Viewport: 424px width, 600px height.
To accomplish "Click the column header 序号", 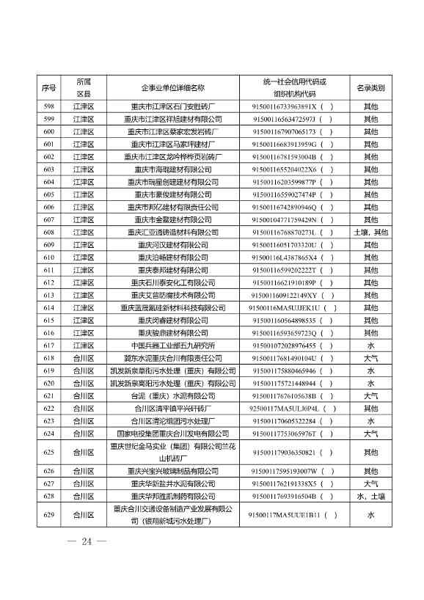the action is tap(50, 87).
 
